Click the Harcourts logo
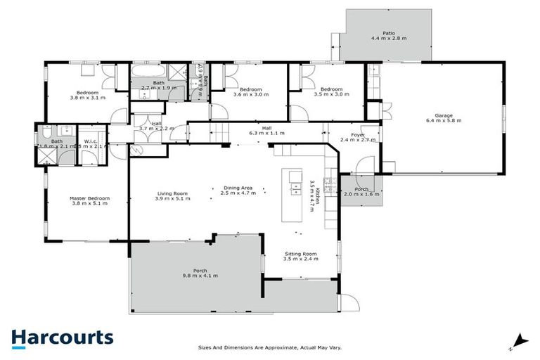62,337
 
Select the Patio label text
388,33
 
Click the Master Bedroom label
89,198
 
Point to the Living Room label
172,193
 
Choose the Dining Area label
238,188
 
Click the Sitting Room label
300,253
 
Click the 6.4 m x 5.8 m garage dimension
443,121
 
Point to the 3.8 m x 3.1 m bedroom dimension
87,98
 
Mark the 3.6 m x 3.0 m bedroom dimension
250,96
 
